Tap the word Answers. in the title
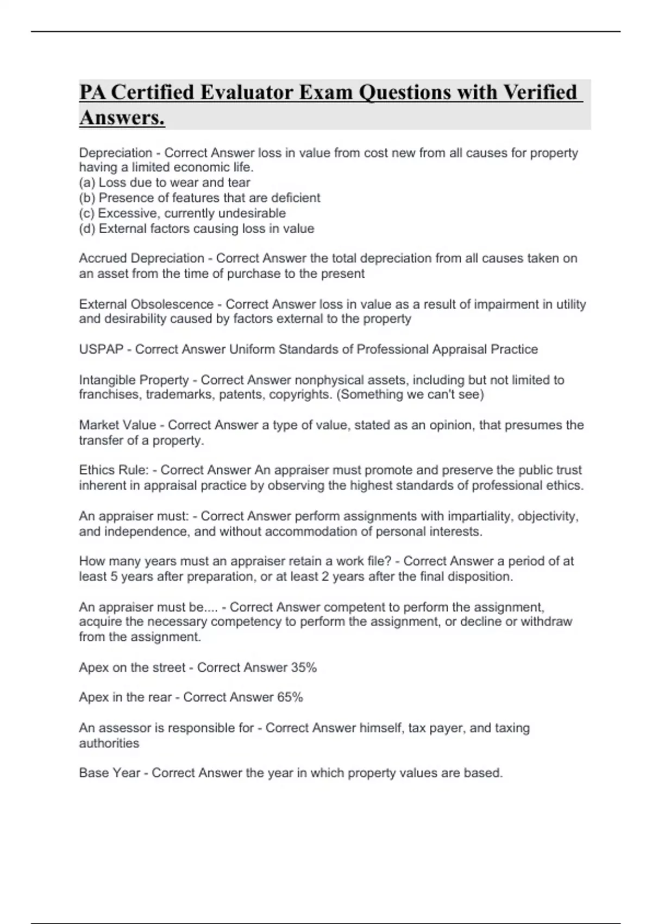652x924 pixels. [122, 117]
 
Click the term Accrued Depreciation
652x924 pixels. [141, 258]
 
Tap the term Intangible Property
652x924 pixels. [134, 380]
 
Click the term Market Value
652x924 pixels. [117, 425]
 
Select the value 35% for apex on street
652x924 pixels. [304, 667]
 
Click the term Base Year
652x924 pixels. [109, 773]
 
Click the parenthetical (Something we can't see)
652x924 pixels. [410, 395]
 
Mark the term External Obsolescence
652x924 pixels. [146, 304]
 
